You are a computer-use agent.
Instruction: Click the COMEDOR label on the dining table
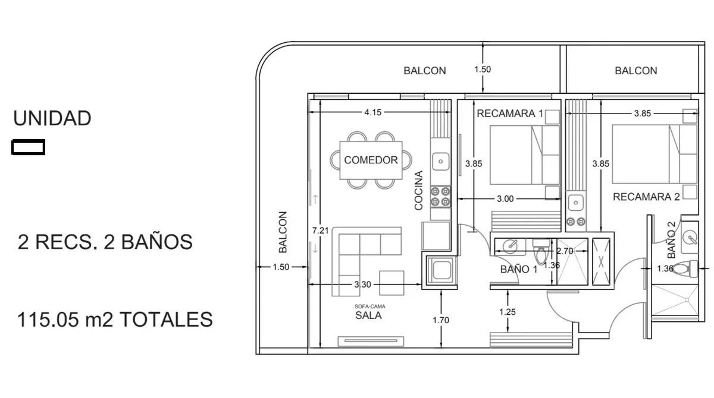tap(371, 160)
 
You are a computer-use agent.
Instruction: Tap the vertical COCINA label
tap(418, 191)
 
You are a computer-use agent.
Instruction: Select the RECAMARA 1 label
tap(510, 113)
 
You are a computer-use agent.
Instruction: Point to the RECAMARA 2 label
tap(646, 197)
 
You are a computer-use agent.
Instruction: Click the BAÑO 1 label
tap(519, 269)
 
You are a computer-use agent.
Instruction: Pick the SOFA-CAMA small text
tap(369, 307)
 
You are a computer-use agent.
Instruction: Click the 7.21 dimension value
tap(320, 230)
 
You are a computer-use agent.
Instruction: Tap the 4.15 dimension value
tap(373, 112)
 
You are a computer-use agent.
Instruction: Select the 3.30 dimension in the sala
tap(363, 285)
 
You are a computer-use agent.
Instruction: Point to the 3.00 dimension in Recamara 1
tap(505, 199)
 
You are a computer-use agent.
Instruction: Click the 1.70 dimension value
tap(441, 320)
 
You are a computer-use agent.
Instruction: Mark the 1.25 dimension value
tap(508, 312)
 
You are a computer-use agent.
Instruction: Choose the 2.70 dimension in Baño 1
tap(565, 251)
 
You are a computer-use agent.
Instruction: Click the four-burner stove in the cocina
tap(440, 197)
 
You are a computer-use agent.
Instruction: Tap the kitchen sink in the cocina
tap(440, 162)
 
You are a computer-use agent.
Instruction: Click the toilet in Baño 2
tap(685, 268)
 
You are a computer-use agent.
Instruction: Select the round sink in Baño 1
tap(510, 246)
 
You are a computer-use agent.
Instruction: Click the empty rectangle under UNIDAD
tap(28, 147)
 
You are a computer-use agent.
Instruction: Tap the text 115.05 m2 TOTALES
tap(115, 320)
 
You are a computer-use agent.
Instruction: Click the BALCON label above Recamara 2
tap(636, 71)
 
